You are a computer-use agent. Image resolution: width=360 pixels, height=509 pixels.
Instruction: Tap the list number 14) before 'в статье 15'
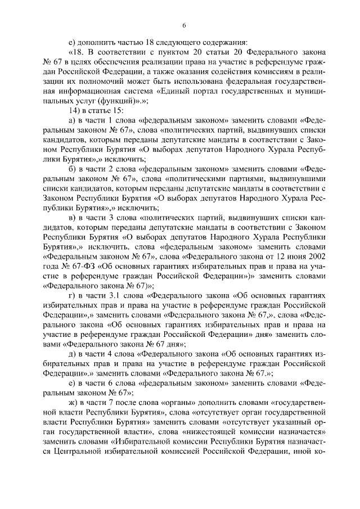pos(74,112)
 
